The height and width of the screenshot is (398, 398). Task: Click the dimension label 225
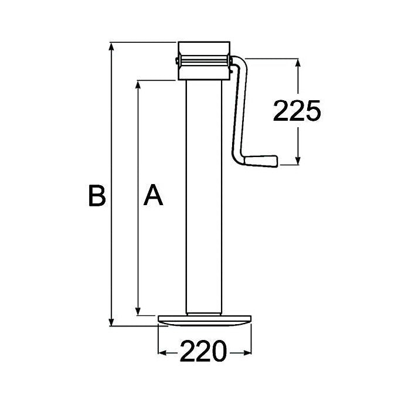point(297,111)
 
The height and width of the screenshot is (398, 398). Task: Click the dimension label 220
point(203,352)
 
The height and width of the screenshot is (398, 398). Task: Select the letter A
point(154,196)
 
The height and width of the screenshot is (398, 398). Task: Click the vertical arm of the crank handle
point(239,111)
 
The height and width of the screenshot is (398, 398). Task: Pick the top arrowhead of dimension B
point(111,47)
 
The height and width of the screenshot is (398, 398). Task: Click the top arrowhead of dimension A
point(138,85)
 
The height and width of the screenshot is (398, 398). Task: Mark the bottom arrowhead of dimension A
point(138,310)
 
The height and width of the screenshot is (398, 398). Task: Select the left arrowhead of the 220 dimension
point(164,353)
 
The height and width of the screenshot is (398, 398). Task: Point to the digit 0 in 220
point(219,352)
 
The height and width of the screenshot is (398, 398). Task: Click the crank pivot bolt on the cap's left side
point(176,60)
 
